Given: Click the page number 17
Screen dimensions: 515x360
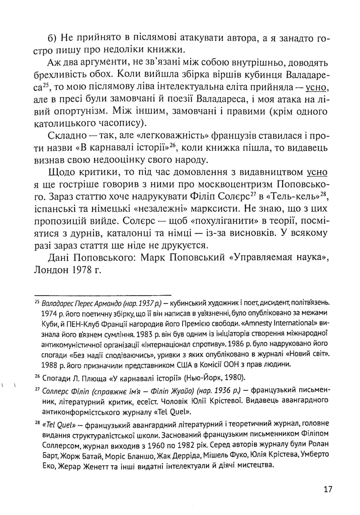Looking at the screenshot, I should tap(327, 488).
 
